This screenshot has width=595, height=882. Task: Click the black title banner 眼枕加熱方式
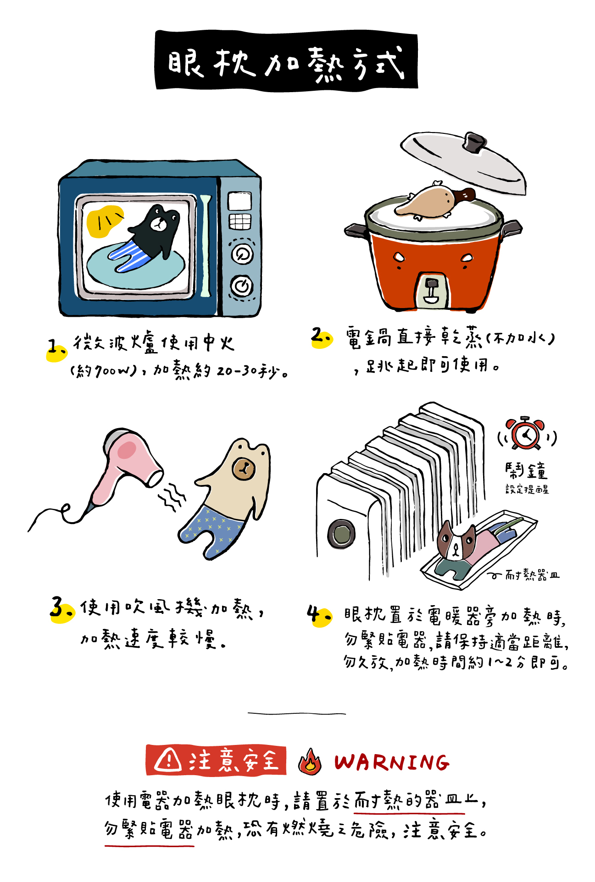[286, 61]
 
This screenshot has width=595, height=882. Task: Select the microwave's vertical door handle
[205, 245]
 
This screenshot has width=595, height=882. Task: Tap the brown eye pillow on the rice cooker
[434, 201]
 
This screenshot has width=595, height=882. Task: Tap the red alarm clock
[526, 434]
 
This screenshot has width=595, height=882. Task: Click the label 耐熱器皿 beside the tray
[532, 575]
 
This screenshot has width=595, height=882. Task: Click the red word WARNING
[391, 762]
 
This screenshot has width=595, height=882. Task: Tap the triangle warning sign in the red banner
[168, 760]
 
